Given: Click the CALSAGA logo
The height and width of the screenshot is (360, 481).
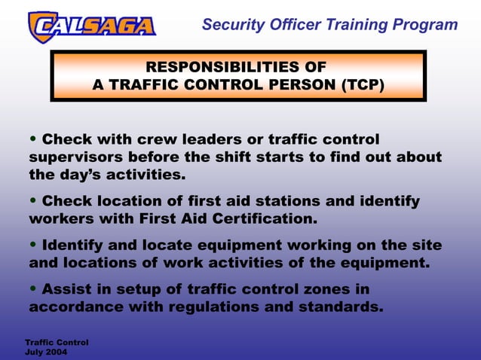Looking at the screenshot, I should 91,26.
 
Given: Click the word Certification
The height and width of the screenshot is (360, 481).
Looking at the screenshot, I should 256,219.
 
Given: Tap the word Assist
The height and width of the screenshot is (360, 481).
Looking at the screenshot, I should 69,289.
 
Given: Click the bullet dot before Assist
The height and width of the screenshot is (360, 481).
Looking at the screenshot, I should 33,289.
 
